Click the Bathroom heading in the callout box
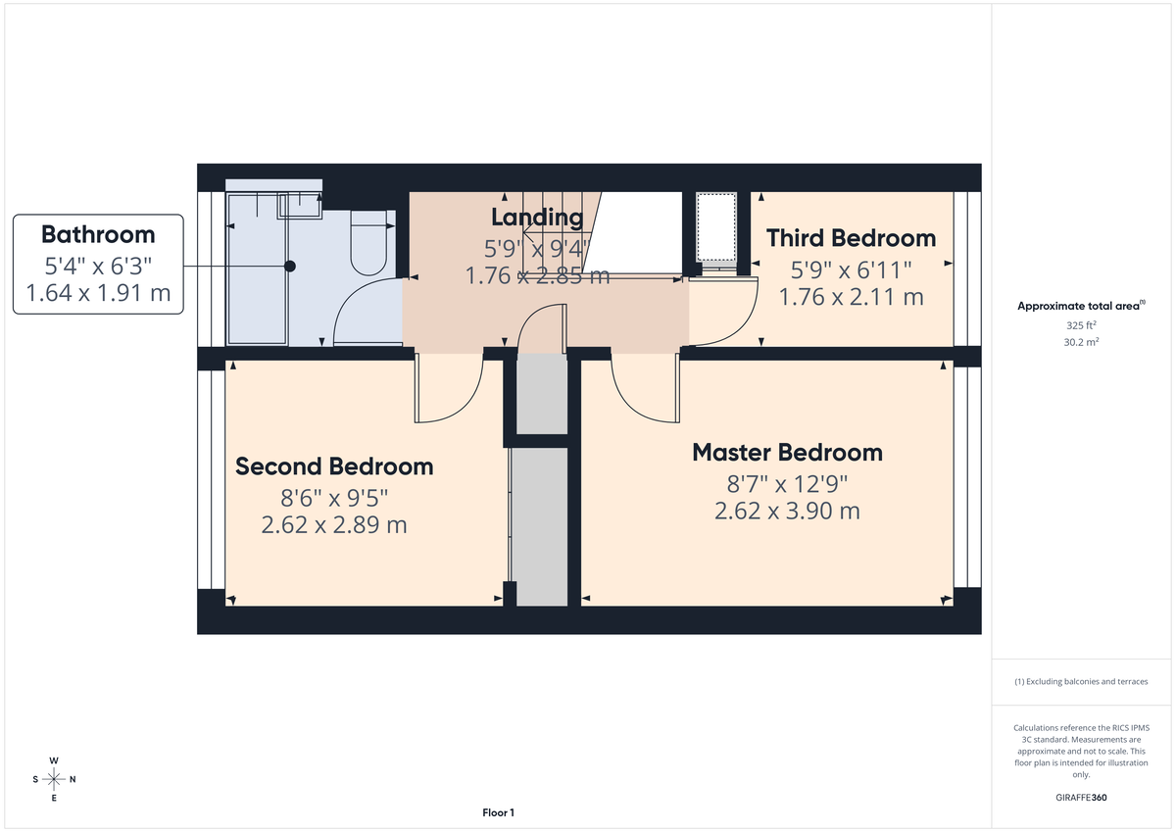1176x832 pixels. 98,235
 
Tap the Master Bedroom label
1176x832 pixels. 787,453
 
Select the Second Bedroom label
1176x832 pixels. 334,466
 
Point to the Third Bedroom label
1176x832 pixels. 851,238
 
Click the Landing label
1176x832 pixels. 537,218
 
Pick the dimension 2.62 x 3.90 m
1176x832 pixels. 788,511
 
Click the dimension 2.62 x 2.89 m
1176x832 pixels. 334,525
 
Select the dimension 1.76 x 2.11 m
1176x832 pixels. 851,296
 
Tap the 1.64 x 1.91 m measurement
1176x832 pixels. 98,292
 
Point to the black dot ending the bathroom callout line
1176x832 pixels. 290,266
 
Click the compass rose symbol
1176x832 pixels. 54,779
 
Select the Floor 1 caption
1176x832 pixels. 498,812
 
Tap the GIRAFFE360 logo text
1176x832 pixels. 1080,798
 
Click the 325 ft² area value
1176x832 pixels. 1080,324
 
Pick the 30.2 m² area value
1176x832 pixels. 1080,342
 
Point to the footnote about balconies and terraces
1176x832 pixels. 1080,681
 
